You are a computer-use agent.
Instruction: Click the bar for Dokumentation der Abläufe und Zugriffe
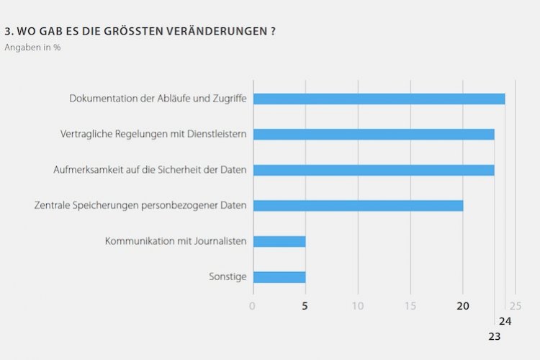coord(379,99)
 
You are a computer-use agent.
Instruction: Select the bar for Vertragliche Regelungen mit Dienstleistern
coord(374,134)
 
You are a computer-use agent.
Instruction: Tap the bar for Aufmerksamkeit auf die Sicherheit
coord(374,170)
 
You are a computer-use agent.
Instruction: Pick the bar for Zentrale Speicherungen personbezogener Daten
coord(358,205)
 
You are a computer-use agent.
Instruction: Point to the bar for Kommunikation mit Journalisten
coord(279,241)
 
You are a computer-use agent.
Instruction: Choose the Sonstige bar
coord(279,276)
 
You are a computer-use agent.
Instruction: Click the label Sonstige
coord(227,276)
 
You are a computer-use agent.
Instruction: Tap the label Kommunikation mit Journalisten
coord(176,241)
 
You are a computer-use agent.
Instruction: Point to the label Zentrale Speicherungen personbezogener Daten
coord(140,205)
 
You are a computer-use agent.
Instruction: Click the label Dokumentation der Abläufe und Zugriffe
coord(158,99)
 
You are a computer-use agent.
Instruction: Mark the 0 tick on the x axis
coord(253,305)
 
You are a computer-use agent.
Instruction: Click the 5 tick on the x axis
coord(305,305)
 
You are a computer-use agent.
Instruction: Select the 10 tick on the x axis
coord(358,305)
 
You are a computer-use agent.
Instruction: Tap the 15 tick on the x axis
coord(410,305)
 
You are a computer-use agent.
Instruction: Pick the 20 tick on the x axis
coord(463,305)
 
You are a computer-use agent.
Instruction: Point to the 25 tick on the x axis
coord(516,305)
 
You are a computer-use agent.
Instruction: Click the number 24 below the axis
coord(505,321)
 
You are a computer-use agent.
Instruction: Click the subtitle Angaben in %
coord(32,48)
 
